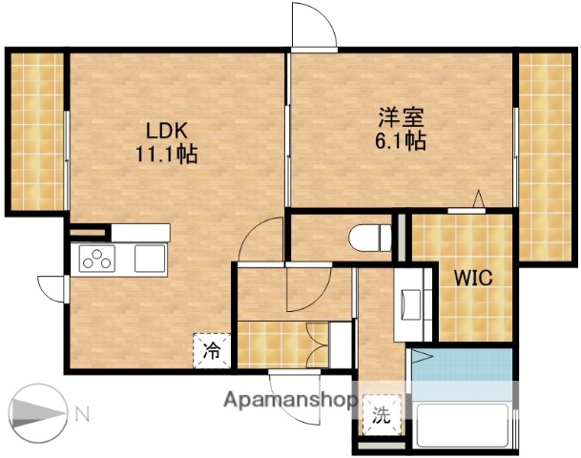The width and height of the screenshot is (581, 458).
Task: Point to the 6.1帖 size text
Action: (x=400, y=141)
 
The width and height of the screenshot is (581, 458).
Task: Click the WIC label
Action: (x=472, y=280)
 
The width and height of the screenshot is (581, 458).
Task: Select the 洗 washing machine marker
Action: (x=382, y=415)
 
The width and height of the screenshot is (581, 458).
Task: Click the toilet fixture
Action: (x=369, y=235)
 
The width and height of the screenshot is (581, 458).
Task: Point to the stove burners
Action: (x=97, y=258)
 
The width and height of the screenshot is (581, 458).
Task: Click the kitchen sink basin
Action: (x=150, y=258)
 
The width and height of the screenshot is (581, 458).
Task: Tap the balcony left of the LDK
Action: (x=36, y=132)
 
